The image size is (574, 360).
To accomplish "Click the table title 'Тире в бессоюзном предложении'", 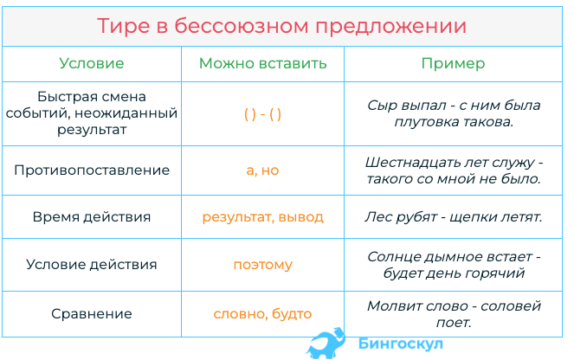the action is tap(282, 26).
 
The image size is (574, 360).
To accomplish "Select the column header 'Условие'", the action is tap(92, 63).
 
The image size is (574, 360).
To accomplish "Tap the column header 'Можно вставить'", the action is tap(262, 63).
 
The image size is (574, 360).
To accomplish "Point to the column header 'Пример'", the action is tap(453, 64).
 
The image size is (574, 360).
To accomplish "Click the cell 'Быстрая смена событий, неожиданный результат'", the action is tap(92, 113).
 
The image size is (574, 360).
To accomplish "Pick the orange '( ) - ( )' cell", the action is tap(262, 114).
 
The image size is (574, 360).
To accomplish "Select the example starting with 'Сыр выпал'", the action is tap(454, 113).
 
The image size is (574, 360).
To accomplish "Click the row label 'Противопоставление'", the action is tap(92, 170).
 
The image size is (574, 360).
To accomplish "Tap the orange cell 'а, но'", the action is tap(262, 170).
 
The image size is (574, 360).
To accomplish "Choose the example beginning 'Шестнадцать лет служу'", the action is tap(454, 170).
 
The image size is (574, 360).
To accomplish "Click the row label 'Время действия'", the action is tap(92, 217).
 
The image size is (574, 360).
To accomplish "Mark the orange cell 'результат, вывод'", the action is tap(262, 217).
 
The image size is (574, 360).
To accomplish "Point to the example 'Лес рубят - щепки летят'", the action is tap(454, 217).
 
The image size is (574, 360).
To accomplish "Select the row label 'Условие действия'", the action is tap(92, 265).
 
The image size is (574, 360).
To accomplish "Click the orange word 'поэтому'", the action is tap(262, 265).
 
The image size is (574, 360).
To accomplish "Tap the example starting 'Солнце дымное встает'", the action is tap(454, 265).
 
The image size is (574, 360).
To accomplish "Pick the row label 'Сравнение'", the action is tap(92, 314).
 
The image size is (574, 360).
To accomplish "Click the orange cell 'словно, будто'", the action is tap(262, 314).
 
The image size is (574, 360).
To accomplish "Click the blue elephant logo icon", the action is tap(326, 344).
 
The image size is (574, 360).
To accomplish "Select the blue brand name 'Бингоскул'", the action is tap(401, 344).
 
